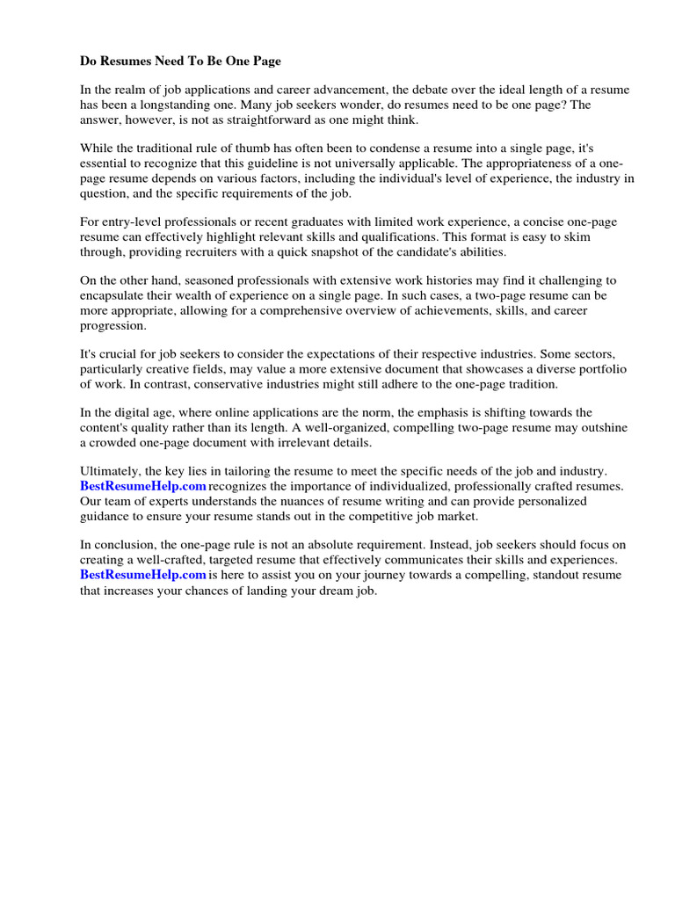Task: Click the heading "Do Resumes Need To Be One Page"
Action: [x=181, y=62]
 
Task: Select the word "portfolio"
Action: [x=600, y=369]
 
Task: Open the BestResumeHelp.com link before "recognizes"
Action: [x=143, y=486]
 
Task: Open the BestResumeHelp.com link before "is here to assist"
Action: [x=143, y=575]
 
